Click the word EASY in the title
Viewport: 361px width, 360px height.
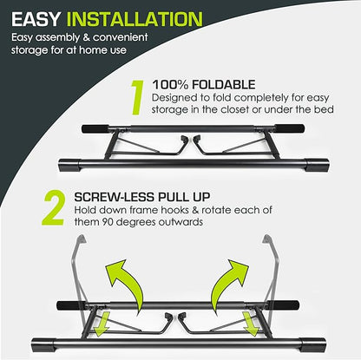[x=36, y=19]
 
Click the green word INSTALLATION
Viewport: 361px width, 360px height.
[x=135, y=19]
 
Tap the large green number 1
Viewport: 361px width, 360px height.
[x=137, y=98]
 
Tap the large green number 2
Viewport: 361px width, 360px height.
[x=53, y=208]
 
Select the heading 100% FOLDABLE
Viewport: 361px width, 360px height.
[x=204, y=85]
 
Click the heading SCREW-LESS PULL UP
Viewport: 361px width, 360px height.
[x=142, y=197]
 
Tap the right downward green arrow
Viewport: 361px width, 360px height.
[x=251, y=324]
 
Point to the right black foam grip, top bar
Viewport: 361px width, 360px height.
[x=289, y=128]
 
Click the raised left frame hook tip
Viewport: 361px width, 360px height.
[x=82, y=239]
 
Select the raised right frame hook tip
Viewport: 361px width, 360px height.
[x=267, y=239]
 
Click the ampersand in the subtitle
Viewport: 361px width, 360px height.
[x=87, y=37]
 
